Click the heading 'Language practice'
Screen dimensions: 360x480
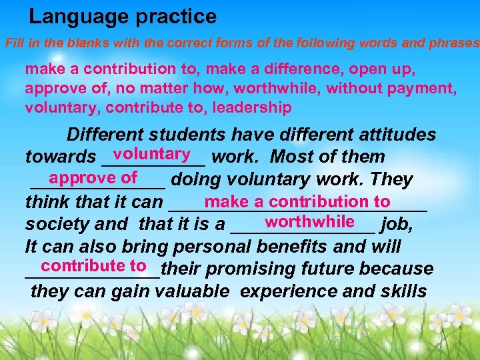(123, 16)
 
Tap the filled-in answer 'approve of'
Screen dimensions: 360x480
(93, 177)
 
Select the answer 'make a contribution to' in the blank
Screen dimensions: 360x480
(298, 201)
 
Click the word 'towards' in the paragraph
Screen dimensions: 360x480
(60, 157)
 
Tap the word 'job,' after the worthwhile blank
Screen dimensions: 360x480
(397, 225)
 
